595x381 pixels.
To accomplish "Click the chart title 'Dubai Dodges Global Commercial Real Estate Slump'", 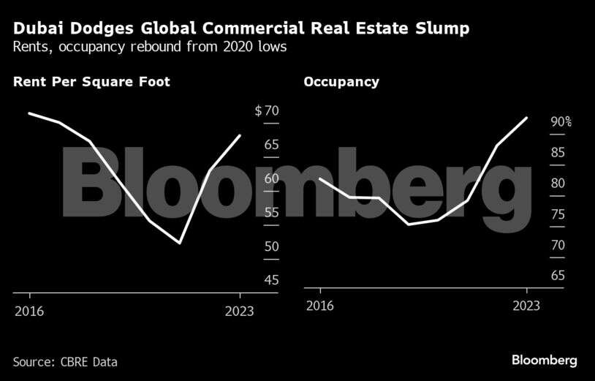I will point(241,29).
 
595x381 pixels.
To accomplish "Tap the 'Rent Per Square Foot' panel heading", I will point(91,82).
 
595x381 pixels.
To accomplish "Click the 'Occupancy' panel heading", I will point(341,82).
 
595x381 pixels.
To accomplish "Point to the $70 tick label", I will point(267,111).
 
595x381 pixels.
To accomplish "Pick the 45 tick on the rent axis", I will point(271,280).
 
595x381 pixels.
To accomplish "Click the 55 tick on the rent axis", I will point(271,213).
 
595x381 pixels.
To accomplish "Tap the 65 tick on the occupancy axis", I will point(557,276).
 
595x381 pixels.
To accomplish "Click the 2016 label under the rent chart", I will point(29,311).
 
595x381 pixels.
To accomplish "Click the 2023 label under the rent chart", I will point(240,311).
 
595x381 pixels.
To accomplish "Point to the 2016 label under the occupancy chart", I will point(319,306).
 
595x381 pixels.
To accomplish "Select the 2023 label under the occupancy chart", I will point(526,306).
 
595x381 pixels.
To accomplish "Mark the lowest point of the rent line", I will point(179,243).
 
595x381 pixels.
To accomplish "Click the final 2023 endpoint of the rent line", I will point(240,135).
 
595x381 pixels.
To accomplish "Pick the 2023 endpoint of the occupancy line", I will point(526,118).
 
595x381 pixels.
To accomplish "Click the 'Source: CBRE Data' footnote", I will point(65,362).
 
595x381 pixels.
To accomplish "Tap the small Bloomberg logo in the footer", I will point(544,361).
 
